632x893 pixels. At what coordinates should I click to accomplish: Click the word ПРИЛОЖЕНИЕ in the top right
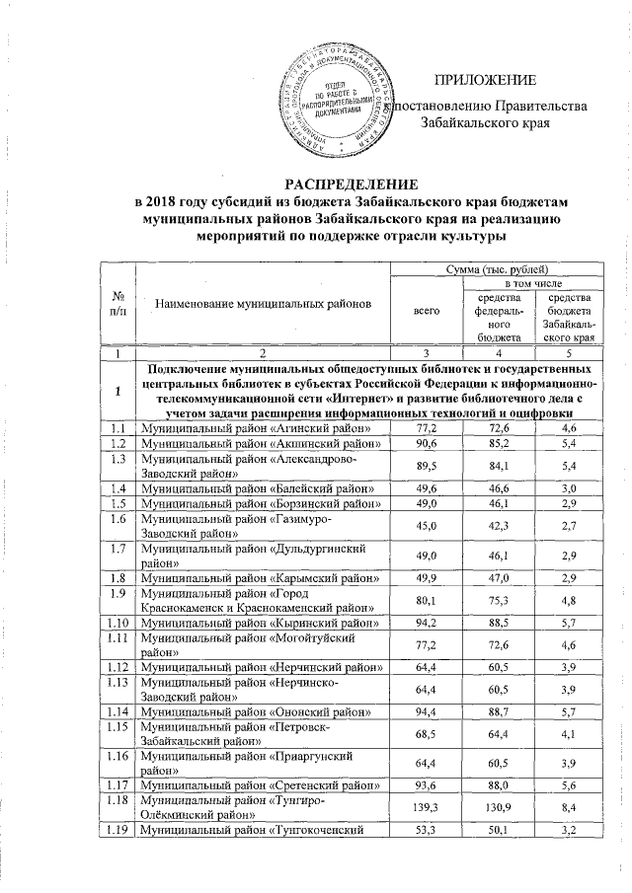tap(489, 79)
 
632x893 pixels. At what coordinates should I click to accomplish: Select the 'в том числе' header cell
tap(533, 284)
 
